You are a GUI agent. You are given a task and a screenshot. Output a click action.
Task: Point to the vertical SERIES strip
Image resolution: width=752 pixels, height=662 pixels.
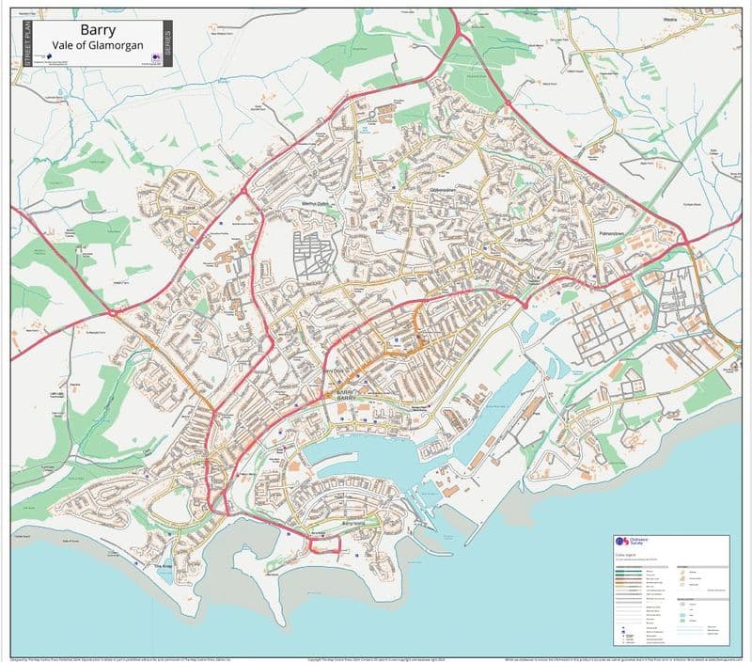166,42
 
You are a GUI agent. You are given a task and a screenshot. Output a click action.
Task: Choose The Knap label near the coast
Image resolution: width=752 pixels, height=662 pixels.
164,567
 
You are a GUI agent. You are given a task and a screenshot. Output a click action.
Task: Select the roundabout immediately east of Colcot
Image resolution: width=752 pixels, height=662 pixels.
245,191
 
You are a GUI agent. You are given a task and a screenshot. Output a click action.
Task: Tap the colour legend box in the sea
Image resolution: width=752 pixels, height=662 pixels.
670,590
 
